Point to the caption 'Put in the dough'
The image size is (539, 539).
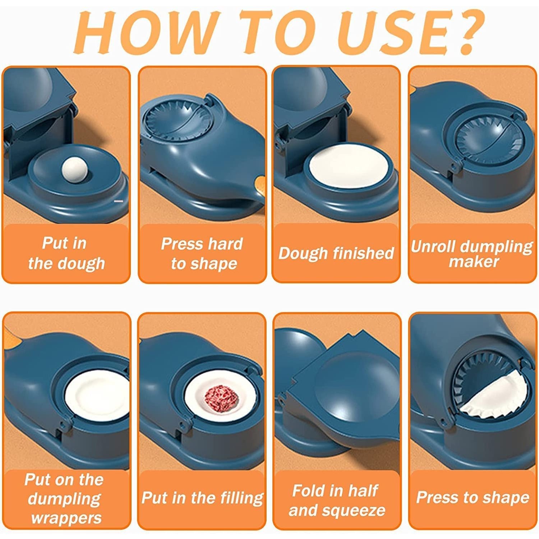[x=66, y=253]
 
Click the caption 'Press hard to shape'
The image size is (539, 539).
[x=202, y=253]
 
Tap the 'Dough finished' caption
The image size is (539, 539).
[x=336, y=253]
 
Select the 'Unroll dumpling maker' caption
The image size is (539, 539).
[x=472, y=253]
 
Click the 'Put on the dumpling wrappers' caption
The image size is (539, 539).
[x=65, y=498]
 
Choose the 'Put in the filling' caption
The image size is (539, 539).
[x=202, y=498]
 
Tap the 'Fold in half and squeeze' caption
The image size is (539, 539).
[x=336, y=500]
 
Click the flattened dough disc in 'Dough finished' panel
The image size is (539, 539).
[x=349, y=166]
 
